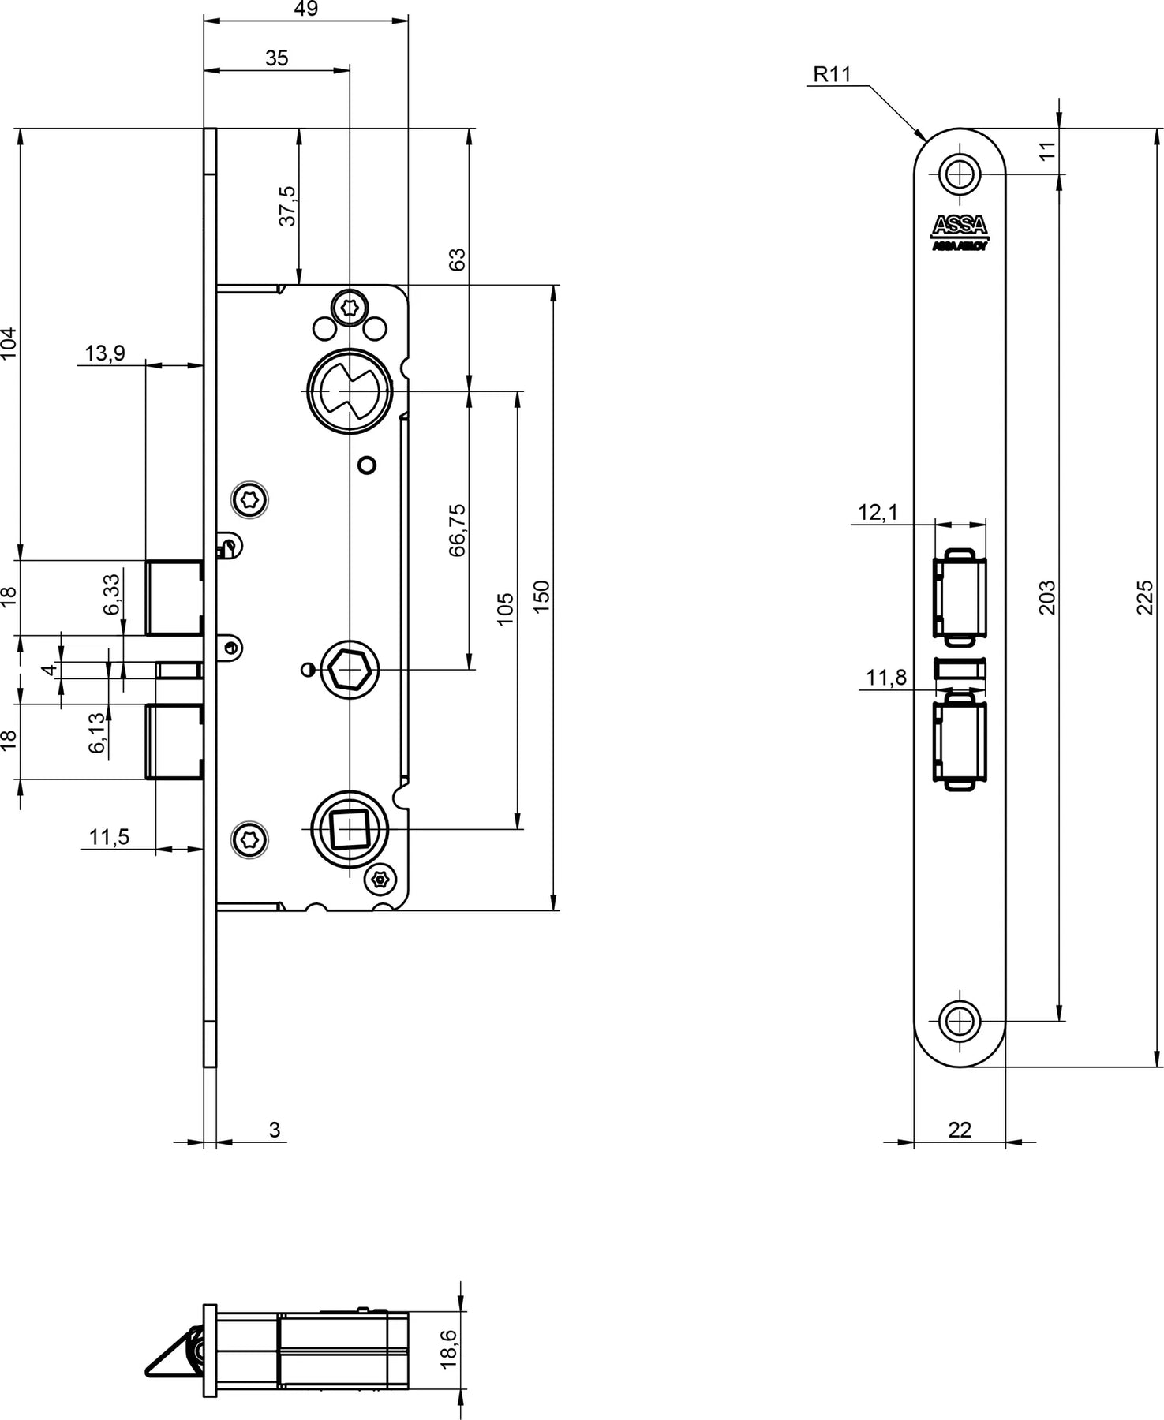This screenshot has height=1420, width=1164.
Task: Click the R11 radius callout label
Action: click(x=833, y=75)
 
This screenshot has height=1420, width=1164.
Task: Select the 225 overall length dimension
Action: click(x=1147, y=597)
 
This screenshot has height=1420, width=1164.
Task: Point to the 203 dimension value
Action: click(x=1047, y=597)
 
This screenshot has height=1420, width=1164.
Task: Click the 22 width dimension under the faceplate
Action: click(x=960, y=1130)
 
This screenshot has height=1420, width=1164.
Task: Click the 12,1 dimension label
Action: click(x=878, y=513)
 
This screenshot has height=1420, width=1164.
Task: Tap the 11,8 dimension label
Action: click(x=886, y=678)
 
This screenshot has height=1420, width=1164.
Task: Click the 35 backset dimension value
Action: click(x=277, y=58)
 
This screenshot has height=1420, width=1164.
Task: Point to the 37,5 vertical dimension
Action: click(x=287, y=206)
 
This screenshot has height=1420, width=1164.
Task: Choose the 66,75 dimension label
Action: click(x=458, y=530)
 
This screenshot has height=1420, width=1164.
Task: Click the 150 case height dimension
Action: click(x=541, y=597)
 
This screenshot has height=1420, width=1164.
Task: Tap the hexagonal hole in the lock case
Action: click(x=349, y=670)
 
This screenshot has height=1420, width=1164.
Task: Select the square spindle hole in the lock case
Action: click(x=349, y=829)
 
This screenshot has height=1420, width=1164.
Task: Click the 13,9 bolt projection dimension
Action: click(x=105, y=353)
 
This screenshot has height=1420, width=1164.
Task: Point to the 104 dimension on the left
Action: click(x=8, y=343)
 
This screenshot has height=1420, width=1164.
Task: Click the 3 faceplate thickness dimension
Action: click(x=275, y=1130)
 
